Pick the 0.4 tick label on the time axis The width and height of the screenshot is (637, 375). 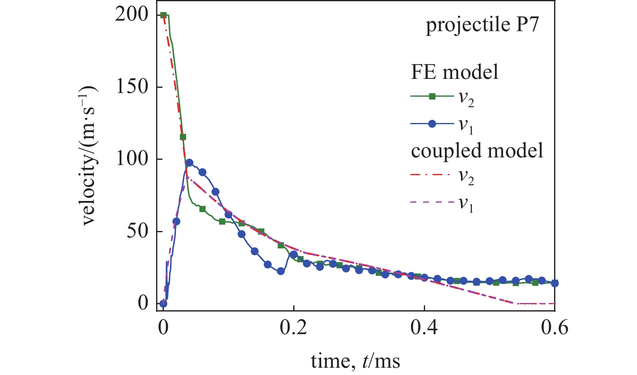(x=424, y=327)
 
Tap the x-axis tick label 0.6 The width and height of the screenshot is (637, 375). (x=554, y=327)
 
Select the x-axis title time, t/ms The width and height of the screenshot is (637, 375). (x=356, y=360)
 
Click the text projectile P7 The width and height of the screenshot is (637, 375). (x=482, y=25)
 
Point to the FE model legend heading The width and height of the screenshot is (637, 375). (x=455, y=72)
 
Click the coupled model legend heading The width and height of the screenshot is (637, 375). (x=477, y=150)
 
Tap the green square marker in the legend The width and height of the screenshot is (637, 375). (x=432, y=96)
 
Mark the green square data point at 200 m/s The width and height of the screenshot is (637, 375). (x=163, y=15)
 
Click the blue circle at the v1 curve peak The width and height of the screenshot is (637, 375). (x=189, y=163)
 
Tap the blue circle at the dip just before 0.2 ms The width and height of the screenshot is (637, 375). (x=281, y=271)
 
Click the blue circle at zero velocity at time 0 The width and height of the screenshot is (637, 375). (x=163, y=303)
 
